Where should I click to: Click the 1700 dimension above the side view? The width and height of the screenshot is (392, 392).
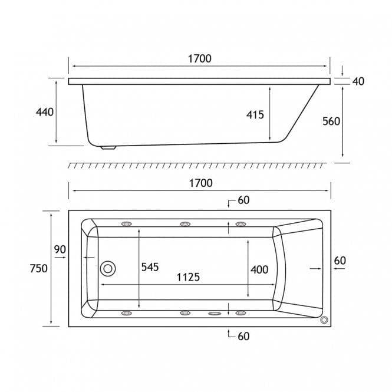point(199,58)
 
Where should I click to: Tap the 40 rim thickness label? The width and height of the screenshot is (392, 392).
point(358,81)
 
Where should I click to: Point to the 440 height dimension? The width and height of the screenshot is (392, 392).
point(45,112)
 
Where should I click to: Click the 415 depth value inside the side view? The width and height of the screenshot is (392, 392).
point(255,115)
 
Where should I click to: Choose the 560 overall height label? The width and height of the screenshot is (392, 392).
point(332,121)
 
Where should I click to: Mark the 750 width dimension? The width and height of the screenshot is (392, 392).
point(38,268)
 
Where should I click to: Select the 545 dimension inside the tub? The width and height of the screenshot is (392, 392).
point(150,267)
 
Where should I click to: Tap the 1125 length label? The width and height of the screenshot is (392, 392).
point(187,276)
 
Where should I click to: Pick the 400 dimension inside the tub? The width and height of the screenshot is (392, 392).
point(259,269)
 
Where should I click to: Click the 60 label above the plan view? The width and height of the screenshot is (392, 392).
point(243,200)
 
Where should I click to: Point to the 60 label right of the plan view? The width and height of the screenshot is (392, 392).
point(340,260)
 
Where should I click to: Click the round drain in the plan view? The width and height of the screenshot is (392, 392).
point(108,269)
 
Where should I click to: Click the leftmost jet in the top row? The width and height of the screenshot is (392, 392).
point(127,224)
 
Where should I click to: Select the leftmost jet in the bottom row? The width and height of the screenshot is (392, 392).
point(127,313)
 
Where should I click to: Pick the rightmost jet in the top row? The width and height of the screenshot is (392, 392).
point(241,224)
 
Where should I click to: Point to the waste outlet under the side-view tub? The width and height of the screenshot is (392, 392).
point(108,147)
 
